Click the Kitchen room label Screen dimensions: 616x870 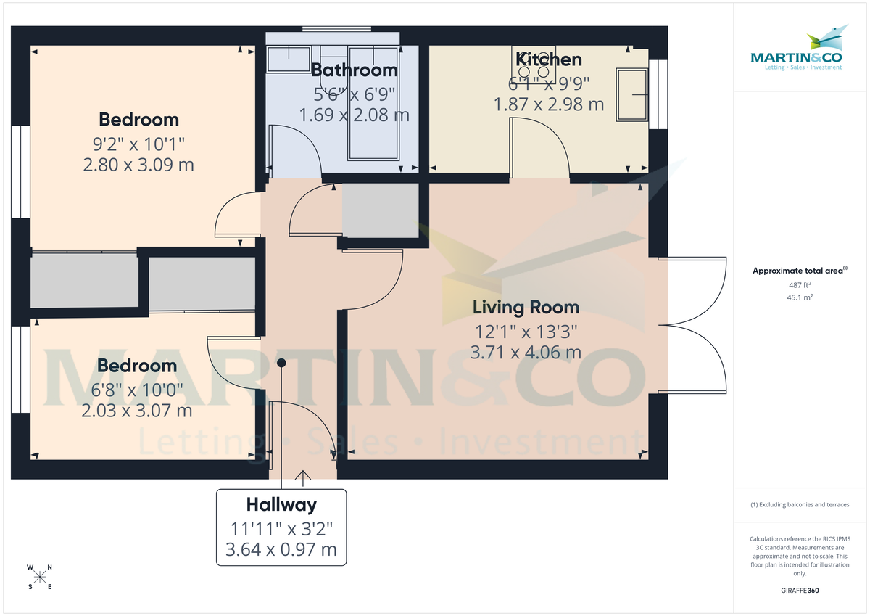(548, 59)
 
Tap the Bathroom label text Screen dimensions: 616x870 (354, 70)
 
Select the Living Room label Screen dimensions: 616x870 (526, 307)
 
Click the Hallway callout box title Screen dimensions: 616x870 (281, 504)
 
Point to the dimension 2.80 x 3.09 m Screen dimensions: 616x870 (138, 165)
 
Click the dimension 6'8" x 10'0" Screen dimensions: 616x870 (137, 389)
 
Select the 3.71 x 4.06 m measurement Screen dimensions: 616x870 (526, 353)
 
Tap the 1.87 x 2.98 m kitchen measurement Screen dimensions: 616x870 (548, 104)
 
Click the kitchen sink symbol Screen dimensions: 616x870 (631, 94)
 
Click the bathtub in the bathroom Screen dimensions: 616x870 (373, 103)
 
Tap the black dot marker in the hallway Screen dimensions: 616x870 (281, 363)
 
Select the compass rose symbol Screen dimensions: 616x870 (40, 577)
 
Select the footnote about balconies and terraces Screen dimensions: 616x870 (800, 504)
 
